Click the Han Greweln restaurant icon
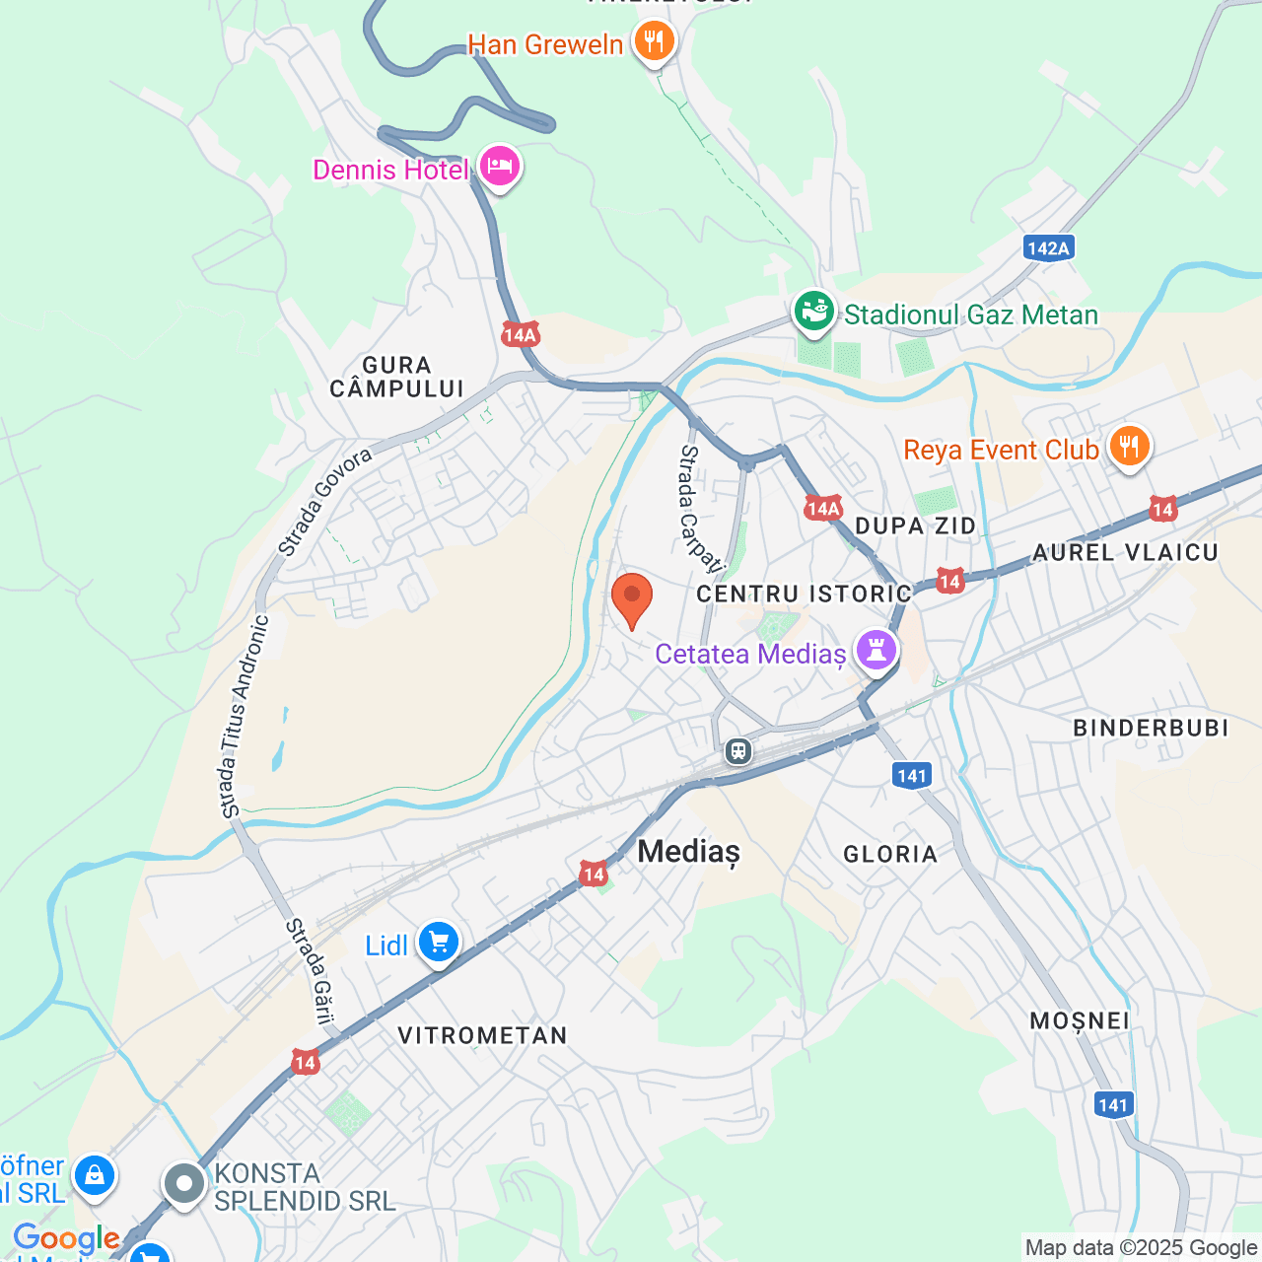coord(653,42)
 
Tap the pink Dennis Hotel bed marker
coord(500,167)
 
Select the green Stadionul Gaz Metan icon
coord(814,313)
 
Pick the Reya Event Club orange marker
coord(1129,448)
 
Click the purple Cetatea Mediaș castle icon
coord(876,651)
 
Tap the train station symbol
coord(738,751)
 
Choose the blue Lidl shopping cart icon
coord(439,944)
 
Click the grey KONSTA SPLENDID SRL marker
coord(184,1184)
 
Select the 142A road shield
coord(1047,247)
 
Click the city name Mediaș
coord(688,851)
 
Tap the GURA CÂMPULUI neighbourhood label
coord(396,378)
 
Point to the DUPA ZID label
coord(915,526)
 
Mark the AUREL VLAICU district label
coord(1125,553)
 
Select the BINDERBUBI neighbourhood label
coord(1151,729)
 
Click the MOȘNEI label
coord(1080,1020)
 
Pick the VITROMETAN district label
coord(482,1035)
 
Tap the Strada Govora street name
coord(324,502)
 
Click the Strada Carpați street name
coord(700,508)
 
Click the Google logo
coord(66,1238)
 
